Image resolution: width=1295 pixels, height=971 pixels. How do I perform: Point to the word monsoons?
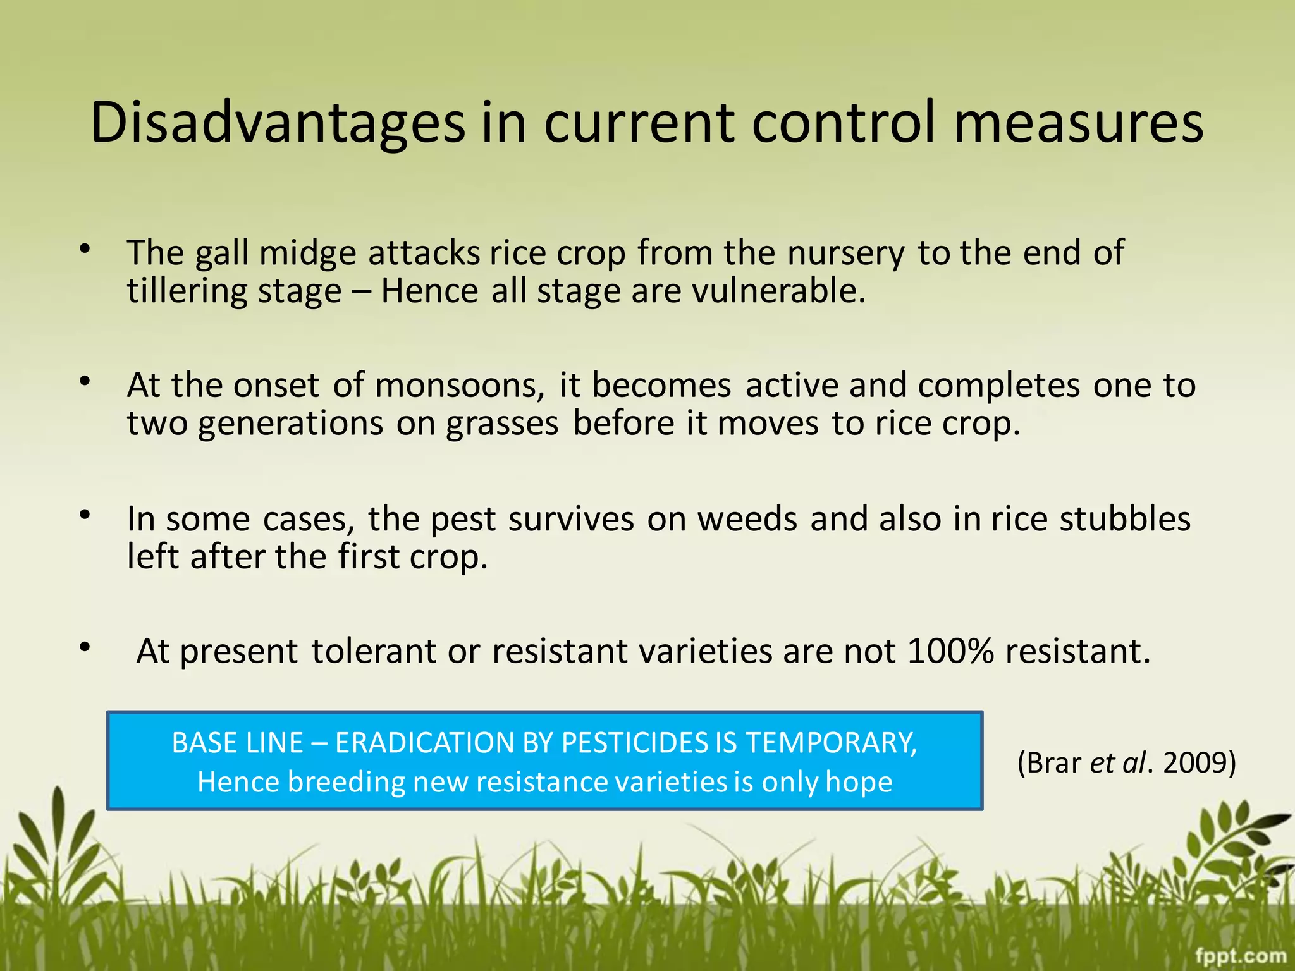point(459,385)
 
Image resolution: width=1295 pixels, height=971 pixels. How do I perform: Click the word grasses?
point(502,424)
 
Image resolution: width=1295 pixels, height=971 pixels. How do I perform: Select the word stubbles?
point(1125,519)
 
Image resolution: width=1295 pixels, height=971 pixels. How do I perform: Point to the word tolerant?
point(373,651)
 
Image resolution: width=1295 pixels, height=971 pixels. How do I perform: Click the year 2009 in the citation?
point(1199,762)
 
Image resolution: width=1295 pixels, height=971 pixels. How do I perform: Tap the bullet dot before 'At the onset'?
point(85,382)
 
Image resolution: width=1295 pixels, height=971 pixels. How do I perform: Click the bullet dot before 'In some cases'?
point(85,515)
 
